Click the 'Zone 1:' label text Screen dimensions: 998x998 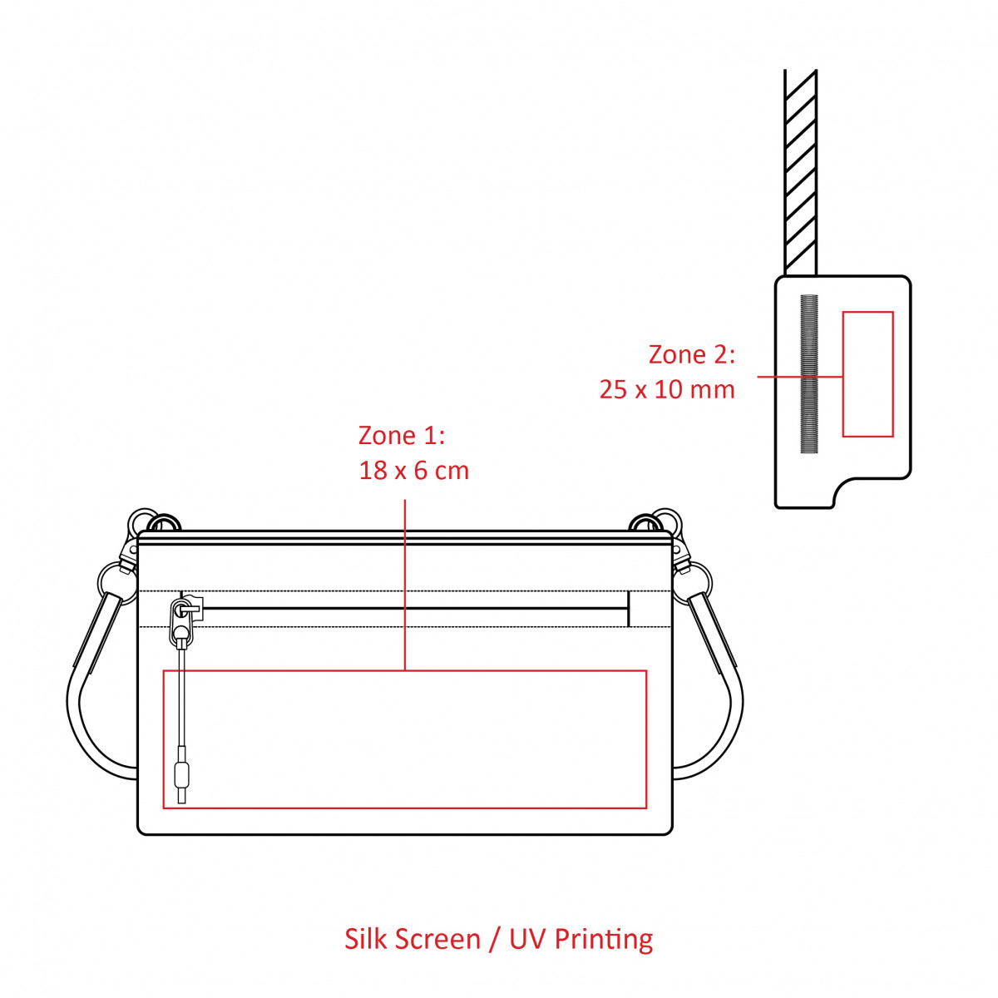tap(402, 436)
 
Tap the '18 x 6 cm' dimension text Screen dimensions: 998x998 tap(413, 471)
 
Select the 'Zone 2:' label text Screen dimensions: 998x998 tap(691, 355)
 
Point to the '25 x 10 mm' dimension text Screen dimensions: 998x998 tap(667, 390)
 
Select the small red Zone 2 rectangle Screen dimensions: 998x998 tap(867, 374)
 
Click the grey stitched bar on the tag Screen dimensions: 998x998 tap(809, 374)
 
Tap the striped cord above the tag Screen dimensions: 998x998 tap(801, 172)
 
